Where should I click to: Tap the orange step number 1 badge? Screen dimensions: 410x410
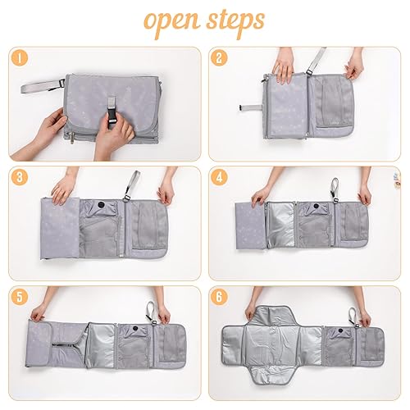(x=20, y=58)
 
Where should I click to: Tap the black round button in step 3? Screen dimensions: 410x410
(x=102, y=203)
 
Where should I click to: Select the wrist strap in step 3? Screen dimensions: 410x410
(x=131, y=185)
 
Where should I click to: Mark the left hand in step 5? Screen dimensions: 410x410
(x=38, y=311)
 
